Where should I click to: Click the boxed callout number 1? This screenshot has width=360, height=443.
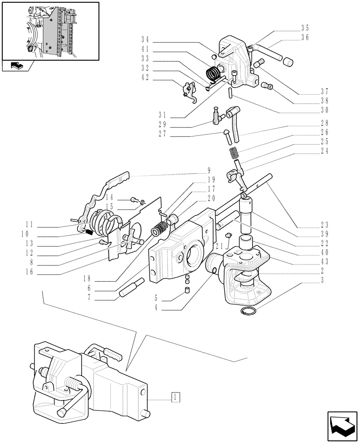tap(176, 396)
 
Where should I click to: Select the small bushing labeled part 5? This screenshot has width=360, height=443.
tap(187, 291)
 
